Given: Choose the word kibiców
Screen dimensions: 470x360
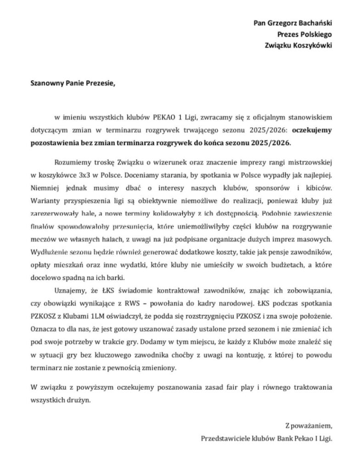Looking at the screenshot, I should (x=317, y=188).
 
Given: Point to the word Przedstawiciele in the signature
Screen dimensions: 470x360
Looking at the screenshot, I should (x=225, y=438).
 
